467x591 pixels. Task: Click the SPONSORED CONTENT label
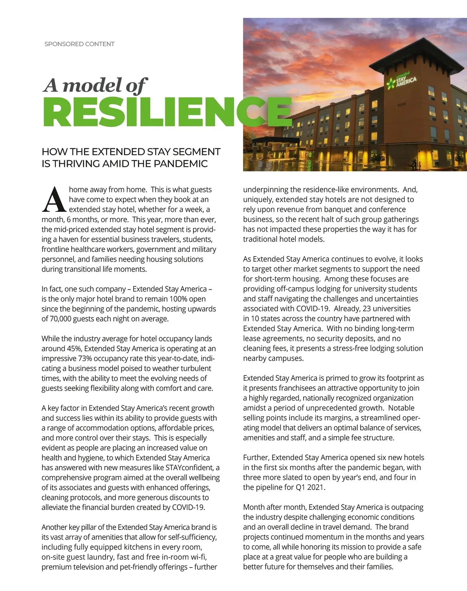[x=79, y=44]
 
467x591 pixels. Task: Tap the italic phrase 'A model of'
[x=95, y=85]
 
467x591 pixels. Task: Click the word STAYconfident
[x=190, y=468]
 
